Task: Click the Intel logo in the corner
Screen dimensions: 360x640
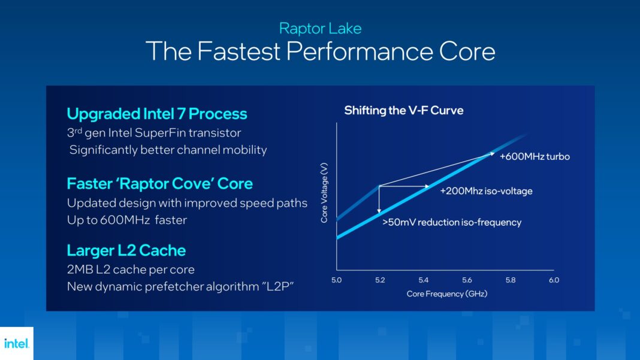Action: [16, 343]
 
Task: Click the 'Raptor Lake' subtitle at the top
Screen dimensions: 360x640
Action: [320, 28]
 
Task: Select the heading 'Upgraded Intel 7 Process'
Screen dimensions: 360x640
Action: [157, 114]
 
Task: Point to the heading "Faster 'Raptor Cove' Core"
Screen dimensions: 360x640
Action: [160, 183]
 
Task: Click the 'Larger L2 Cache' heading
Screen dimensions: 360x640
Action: [126, 250]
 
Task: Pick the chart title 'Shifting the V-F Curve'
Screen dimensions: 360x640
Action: [403, 110]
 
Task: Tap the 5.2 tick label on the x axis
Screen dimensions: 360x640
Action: [379, 280]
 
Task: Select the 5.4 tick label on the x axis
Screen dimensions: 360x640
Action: [423, 280]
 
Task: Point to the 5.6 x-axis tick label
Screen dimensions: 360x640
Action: [467, 280]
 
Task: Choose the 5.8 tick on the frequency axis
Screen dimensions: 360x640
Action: [510, 280]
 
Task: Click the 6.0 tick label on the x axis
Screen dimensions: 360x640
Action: [553, 280]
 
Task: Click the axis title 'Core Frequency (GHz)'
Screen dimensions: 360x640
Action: [447, 294]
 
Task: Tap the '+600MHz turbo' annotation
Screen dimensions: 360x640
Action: [534, 156]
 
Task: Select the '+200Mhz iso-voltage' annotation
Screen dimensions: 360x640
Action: [486, 191]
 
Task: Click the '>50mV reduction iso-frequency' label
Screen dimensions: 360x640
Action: [452, 222]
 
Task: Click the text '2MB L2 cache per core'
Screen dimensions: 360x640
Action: [131, 270]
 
